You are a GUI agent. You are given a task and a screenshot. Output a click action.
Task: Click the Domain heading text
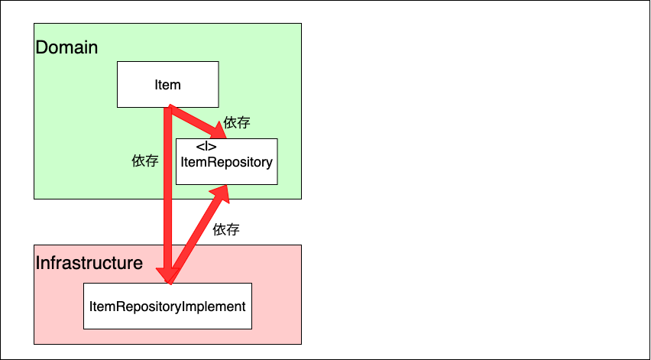click(67, 47)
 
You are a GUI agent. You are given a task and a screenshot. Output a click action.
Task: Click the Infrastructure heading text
click(89, 264)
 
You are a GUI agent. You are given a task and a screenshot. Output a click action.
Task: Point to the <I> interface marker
click(206, 146)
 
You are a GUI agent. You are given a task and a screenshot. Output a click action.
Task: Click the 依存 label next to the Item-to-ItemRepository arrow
click(237, 122)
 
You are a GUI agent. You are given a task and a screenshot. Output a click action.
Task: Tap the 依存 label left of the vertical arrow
click(145, 161)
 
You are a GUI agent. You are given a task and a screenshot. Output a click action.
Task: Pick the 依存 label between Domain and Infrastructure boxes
click(226, 229)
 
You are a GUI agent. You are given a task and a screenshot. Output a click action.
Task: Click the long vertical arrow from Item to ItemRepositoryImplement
click(167, 199)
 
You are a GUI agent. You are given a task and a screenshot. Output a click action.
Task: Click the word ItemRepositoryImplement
click(167, 306)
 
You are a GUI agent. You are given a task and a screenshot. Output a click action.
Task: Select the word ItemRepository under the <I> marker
click(226, 162)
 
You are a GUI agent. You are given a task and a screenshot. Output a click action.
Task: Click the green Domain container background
click(76, 153)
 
